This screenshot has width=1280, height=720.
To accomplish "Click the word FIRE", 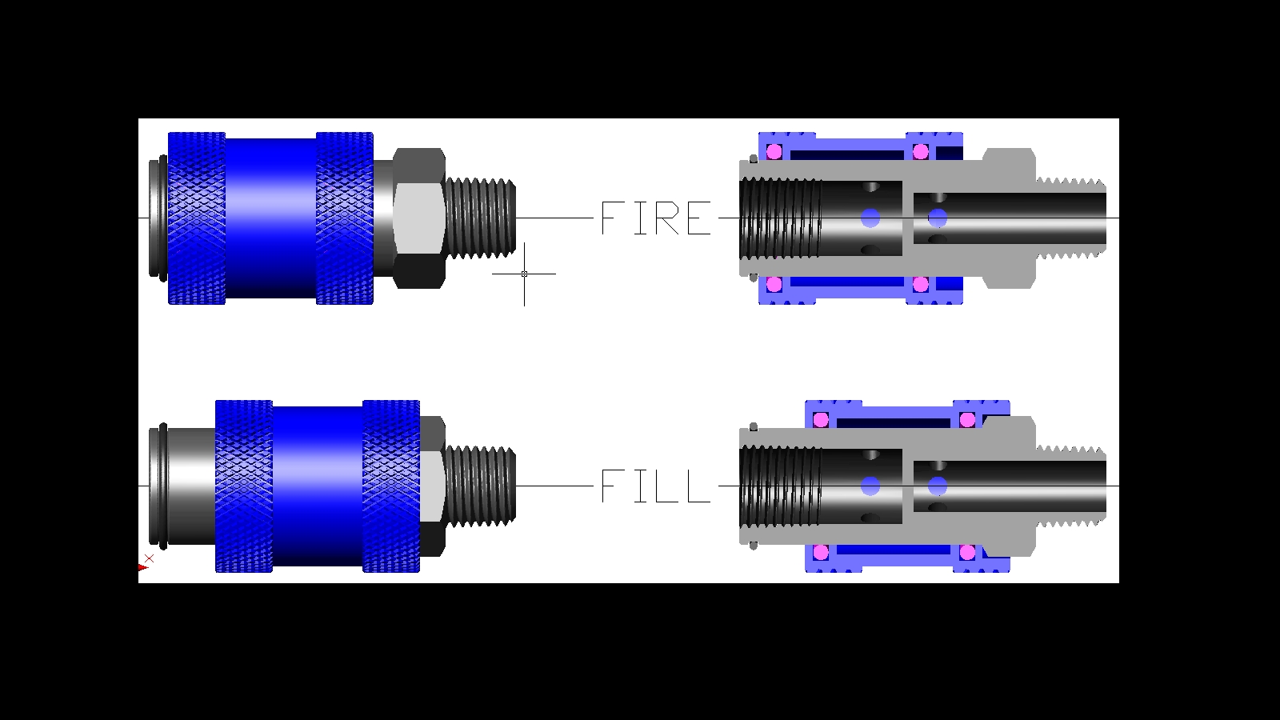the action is [656, 218].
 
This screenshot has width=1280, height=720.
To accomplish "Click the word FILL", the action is [656, 486].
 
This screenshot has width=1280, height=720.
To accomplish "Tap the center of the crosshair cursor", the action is [524, 274].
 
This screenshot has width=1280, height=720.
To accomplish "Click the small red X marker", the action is [149, 558].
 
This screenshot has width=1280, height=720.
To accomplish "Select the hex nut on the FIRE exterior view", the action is [419, 218].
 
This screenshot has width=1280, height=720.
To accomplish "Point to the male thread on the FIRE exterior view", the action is [480, 218].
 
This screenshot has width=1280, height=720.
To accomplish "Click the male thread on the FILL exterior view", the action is [480, 486].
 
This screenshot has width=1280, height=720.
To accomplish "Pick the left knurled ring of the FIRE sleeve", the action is [197, 218].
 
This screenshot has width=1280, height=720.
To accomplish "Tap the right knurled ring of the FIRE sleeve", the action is [345, 218].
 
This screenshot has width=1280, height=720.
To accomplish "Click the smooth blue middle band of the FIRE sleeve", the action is [271, 218].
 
